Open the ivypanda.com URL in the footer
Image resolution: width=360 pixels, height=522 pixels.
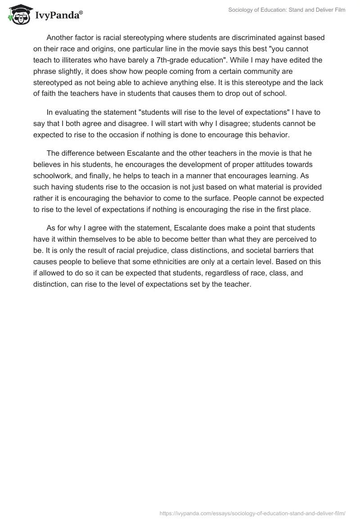pyautogui.click(x=253, y=512)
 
